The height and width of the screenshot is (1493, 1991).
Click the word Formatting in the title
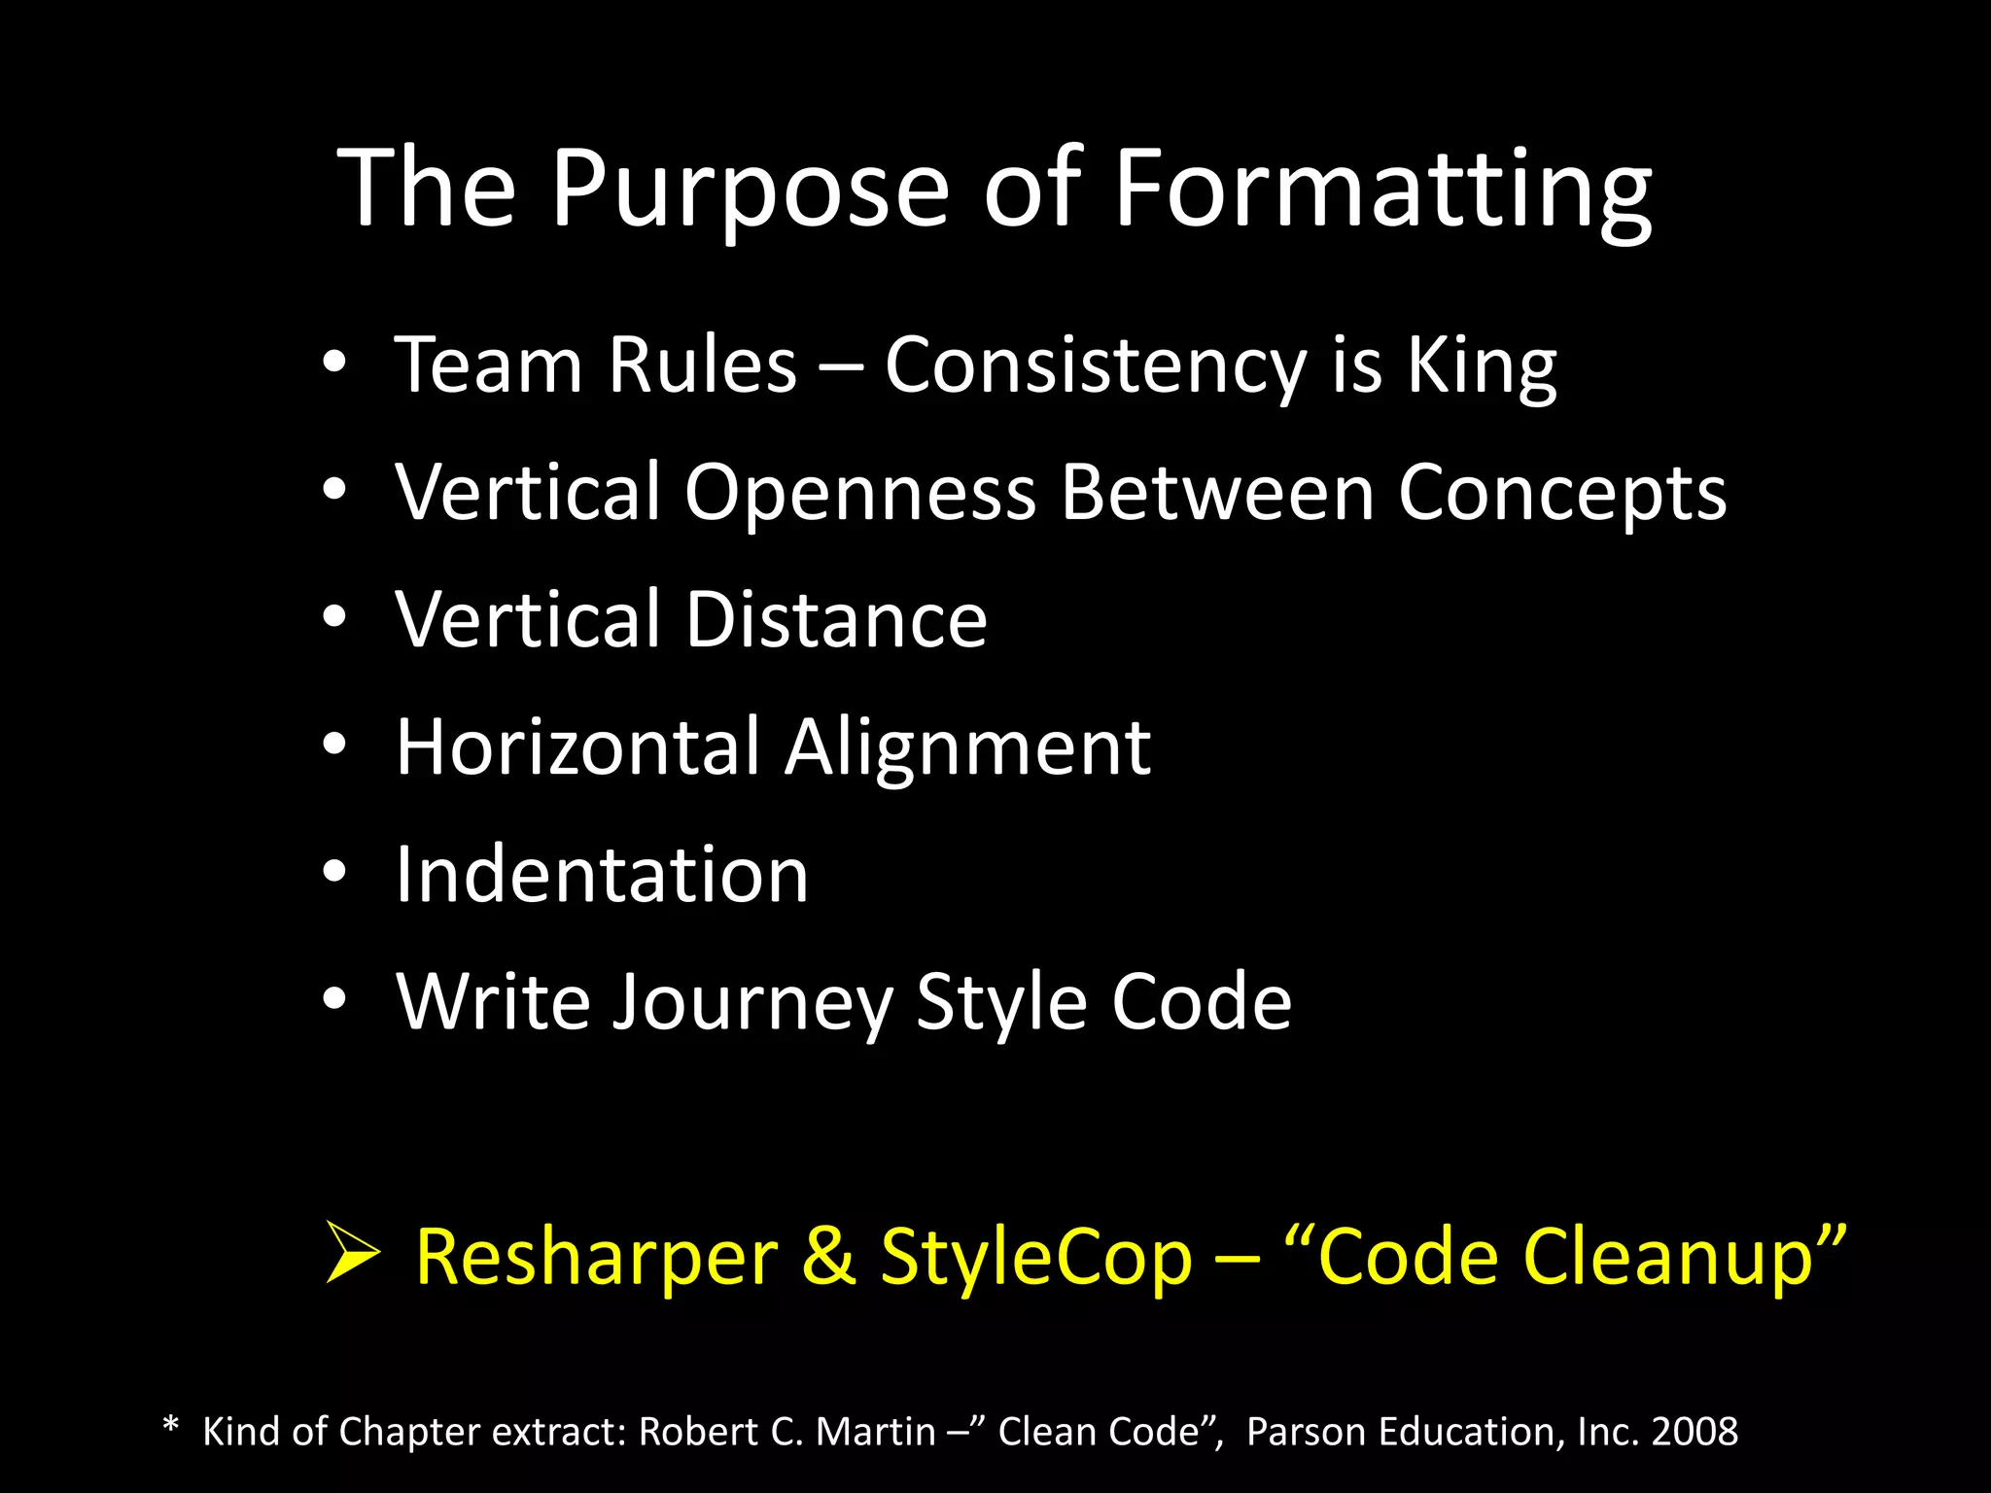click(1381, 190)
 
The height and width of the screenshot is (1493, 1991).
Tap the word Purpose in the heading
click(750, 190)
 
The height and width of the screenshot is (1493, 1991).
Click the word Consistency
click(1096, 367)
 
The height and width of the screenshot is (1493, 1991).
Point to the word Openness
click(860, 494)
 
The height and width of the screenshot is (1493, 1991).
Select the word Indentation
click(602, 875)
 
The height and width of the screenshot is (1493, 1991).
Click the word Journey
click(752, 1004)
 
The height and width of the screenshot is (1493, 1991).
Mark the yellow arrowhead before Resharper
click(352, 1254)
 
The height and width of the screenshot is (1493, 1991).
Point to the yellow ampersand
click(828, 1257)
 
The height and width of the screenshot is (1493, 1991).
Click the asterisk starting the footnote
click(171, 1427)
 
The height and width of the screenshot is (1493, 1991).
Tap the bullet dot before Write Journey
click(334, 999)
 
